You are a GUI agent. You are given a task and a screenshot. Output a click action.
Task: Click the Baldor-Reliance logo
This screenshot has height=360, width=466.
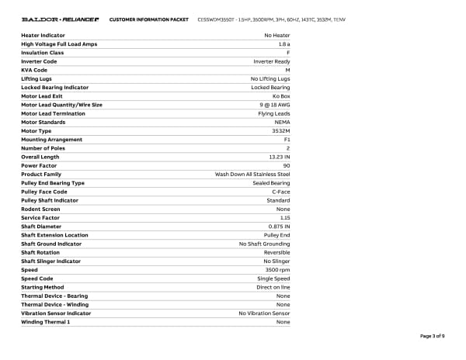point(58,19)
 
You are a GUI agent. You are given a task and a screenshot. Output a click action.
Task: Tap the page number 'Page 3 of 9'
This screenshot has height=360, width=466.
point(432,336)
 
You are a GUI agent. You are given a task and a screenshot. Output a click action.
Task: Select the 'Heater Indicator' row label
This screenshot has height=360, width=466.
point(43,36)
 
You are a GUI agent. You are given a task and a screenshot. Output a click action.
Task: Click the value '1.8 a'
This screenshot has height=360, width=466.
point(283,44)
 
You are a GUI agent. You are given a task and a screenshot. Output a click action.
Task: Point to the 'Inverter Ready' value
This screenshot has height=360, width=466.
point(272,61)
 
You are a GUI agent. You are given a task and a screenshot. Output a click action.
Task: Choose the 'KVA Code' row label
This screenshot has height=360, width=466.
point(34,70)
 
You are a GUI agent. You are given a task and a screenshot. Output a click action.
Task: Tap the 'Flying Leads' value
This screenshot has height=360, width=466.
point(274,113)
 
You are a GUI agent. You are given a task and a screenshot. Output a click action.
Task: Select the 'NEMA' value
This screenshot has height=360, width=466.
point(283,122)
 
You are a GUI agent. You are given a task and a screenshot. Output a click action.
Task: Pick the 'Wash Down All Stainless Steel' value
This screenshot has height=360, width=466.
point(252,175)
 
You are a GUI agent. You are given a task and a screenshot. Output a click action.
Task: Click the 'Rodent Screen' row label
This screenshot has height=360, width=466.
point(40,209)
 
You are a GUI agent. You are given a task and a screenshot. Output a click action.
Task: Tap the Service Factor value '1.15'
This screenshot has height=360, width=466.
point(285,218)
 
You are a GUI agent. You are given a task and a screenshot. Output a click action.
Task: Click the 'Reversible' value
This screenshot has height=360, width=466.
point(276,252)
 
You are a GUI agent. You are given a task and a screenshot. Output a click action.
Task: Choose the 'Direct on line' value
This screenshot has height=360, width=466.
point(273,287)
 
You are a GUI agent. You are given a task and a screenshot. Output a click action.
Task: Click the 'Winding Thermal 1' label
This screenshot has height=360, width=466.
point(46,322)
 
